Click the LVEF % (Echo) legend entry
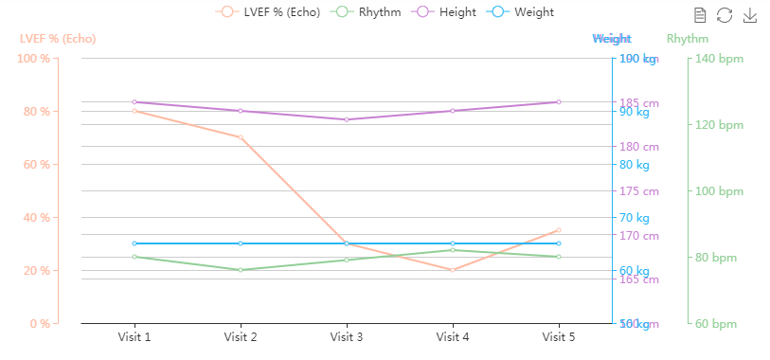pos(268,12)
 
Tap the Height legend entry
pos(450,12)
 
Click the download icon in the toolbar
pos(749,15)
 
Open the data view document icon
pos(700,15)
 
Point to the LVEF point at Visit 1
pos(134,111)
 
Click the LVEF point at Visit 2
pos(241,137)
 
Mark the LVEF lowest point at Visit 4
pos(453,270)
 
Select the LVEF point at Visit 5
pos(559,230)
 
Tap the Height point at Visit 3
pos(347,119)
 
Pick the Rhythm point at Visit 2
pos(241,270)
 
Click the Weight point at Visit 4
pos(453,243)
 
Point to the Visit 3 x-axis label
pos(347,336)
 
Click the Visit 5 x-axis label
pos(559,336)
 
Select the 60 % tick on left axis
pos(34,165)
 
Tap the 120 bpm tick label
pos(718,125)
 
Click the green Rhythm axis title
pos(688,39)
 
